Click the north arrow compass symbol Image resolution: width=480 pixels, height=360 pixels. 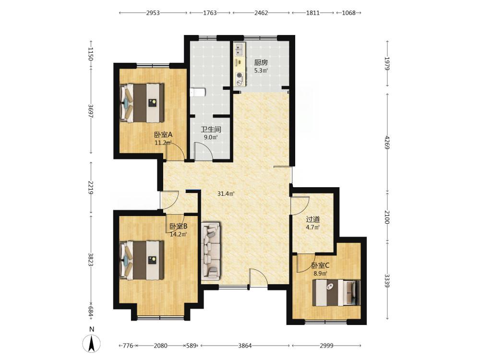pyautogui.click(x=91, y=344)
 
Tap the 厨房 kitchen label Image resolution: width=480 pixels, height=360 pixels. pyautogui.click(x=261, y=63)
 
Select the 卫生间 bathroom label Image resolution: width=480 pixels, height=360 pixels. pyautogui.click(x=211, y=130)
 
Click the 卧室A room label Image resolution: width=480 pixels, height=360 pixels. pyautogui.click(x=163, y=135)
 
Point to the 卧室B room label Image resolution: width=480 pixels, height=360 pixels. pyautogui.click(x=178, y=227)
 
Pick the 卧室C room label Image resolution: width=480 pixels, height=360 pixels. pyautogui.click(x=320, y=266)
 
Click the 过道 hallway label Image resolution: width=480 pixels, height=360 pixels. pyautogui.click(x=313, y=219)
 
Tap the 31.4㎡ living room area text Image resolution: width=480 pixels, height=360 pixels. pyautogui.click(x=226, y=193)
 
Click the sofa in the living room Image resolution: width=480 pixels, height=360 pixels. pyautogui.click(x=211, y=251)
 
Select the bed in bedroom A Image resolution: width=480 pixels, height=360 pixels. pyautogui.click(x=142, y=103)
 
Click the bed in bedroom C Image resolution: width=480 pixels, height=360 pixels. pyautogui.click(x=336, y=293)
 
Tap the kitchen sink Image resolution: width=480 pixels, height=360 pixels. pyautogui.click(x=239, y=50)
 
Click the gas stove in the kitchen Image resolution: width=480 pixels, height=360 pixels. pyautogui.click(x=239, y=78)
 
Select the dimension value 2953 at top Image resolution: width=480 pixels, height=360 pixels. pyautogui.click(x=153, y=13)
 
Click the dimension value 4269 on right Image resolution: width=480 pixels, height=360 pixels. pyautogui.click(x=387, y=143)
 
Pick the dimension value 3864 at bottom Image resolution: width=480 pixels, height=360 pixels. pyautogui.click(x=245, y=346)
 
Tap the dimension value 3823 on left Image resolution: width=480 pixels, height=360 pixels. pyautogui.click(x=90, y=259)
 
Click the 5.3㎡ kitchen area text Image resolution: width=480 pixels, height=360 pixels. pyautogui.click(x=261, y=71)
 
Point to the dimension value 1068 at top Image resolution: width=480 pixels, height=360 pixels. pyautogui.click(x=348, y=13)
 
